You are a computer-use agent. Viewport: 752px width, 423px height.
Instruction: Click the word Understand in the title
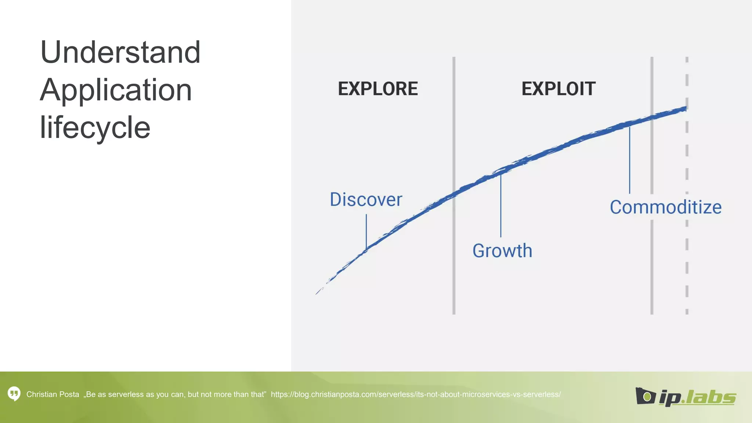[x=120, y=52]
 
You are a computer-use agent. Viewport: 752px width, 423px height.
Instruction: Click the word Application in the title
[x=116, y=90]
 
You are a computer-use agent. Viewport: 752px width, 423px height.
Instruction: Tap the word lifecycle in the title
[x=95, y=127]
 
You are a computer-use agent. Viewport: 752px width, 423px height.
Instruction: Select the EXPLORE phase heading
[x=378, y=89]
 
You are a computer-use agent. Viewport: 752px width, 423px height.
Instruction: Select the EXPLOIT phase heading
[x=558, y=89]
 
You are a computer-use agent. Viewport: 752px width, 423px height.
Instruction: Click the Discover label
[x=366, y=200]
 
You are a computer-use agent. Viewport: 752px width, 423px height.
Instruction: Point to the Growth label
[x=502, y=251]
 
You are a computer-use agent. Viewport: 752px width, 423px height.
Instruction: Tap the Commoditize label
[x=665, y=207]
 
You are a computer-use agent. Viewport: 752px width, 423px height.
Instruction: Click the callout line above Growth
[x=500, y=206]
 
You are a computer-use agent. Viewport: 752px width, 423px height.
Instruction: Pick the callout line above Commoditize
[x=629, y=160]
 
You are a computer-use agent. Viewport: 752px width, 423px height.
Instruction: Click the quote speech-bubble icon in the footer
[x=14, y=394]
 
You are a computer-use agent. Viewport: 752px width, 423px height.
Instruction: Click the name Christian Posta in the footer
[x=53, y=394]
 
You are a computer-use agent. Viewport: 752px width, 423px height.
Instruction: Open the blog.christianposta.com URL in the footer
[x=416, y=394]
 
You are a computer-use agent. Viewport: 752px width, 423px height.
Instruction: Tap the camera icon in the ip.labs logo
[x=645, y=396]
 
